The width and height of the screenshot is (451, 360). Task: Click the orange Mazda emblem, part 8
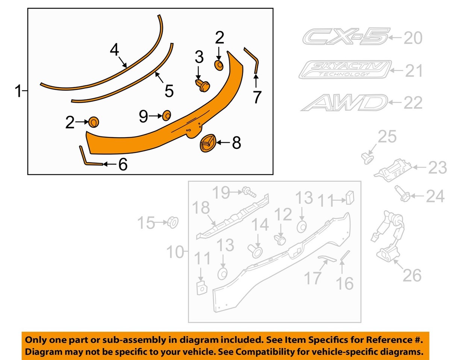(208, 143)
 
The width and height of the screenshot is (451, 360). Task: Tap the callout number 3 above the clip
(199, 57)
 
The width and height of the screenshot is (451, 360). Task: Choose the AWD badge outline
(344, 103)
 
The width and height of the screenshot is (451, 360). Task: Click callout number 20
(413, 38)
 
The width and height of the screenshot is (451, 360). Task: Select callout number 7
(257, 97)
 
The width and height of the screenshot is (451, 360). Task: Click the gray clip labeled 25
(368, 157)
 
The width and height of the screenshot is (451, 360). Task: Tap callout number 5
(169, 91)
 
